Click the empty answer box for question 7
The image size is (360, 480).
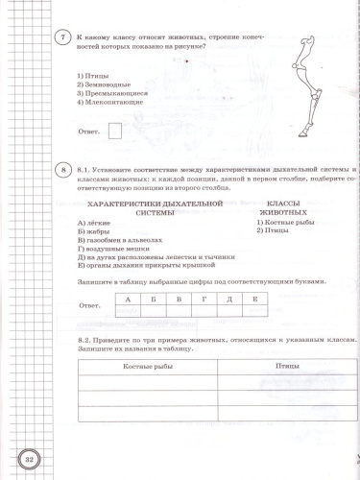(115, 132)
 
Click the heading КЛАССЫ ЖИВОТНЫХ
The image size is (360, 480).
(284, 208)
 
